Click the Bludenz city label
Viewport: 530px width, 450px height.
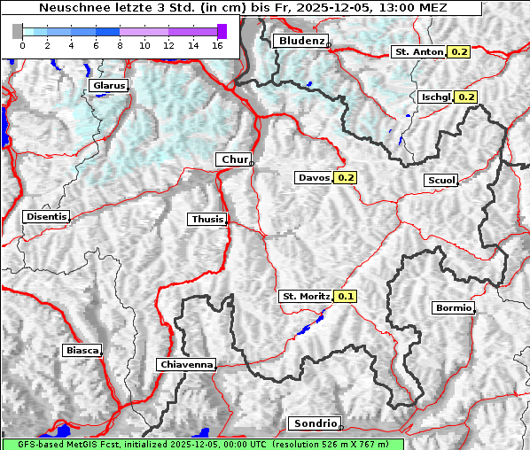pyautogui.click(x=300, y=41)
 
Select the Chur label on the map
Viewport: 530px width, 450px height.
pyautogui.click(x=233, y=159)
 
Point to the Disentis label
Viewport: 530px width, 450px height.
pyautogui.click(x=46, y=217)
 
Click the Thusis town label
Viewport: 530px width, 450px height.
pyautogui.click(x=207, y=220)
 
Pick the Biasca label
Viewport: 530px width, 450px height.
pyautogui.click(x=82, y=351)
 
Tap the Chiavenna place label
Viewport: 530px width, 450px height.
pyautogui.click(x=186, y=364)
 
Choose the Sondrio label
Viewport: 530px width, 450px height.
pyautogui.click(x=315, y=423)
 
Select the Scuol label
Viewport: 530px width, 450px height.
pyautogui.click(x=440, y=181)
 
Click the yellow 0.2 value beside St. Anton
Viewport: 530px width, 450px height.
pyautogui.click(x=459, y=52)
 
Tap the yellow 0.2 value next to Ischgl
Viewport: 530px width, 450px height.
pyautogui.click(x=467, y=97)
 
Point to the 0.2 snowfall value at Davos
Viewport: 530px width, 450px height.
pyautogui.click(x=345, y=178)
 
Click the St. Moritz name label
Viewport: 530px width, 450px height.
pyautogui.click(x=305, y=297)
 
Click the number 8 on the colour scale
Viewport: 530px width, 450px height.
pyautogui.click(x=120, y=44)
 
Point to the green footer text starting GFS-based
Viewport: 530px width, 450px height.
pyautogui.click(x=203, y=444)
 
